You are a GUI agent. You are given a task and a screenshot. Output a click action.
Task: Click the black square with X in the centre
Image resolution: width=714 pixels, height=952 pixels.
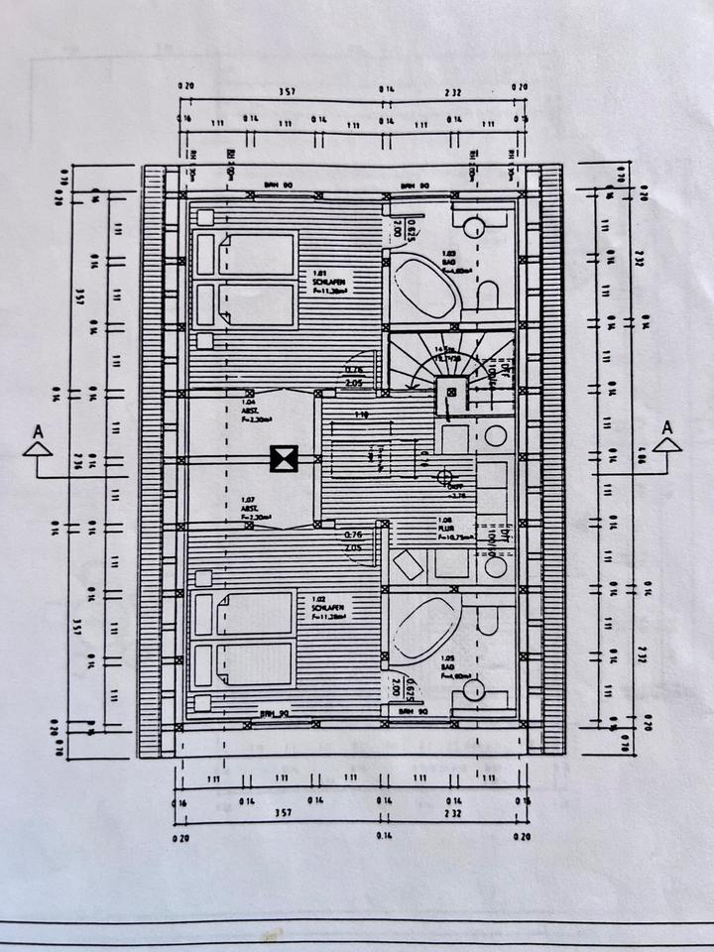click(x=285, y=458)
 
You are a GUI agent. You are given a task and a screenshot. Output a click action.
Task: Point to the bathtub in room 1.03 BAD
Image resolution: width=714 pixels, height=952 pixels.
click(x=423, y=286)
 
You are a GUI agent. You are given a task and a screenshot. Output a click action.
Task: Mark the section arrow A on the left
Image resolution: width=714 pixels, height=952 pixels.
click(x=39, y=443)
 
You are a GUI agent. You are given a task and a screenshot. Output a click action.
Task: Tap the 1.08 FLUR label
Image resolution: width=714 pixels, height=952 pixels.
click(x=448, y=526)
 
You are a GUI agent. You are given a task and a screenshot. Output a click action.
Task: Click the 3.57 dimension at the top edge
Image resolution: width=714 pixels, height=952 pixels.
click(x=286, y=91)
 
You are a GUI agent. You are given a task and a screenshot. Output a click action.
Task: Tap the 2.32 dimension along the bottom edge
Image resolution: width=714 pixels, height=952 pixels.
click(x=453, y=811)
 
